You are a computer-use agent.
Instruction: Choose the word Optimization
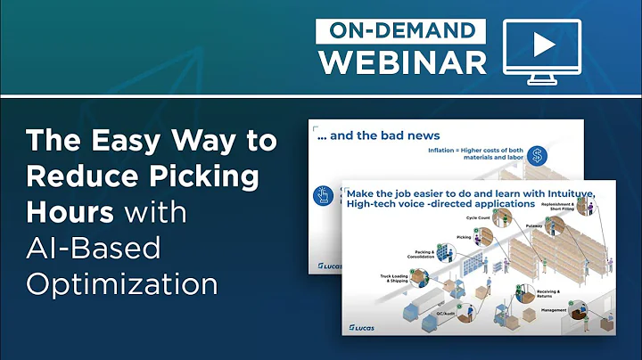pos(122,284)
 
